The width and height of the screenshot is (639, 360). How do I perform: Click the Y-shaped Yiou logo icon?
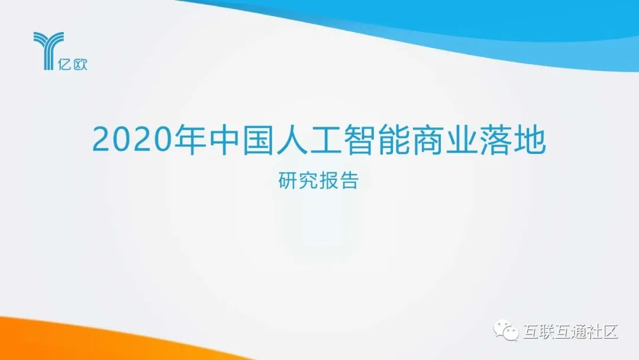(49, 50)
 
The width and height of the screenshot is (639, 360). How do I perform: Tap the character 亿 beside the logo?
(65, 64)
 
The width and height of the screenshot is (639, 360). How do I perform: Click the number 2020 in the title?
(133, 140)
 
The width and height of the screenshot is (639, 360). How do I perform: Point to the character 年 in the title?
(191, 140)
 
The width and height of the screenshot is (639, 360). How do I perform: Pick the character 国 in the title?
(259, 140)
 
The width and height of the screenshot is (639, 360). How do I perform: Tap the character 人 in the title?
(292, 140)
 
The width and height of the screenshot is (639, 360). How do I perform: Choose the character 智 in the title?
(360, 140)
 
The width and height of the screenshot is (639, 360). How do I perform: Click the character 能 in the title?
(394, 140)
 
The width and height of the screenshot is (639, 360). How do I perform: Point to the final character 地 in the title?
(530, 140)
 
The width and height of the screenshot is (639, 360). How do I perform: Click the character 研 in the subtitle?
(288, 181)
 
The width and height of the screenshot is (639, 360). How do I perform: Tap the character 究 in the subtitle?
(308, 181)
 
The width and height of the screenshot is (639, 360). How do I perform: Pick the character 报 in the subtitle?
(328, 181)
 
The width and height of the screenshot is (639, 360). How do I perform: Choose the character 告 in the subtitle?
(349, 181)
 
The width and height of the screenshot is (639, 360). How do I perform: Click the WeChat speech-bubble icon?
(506, 330)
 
